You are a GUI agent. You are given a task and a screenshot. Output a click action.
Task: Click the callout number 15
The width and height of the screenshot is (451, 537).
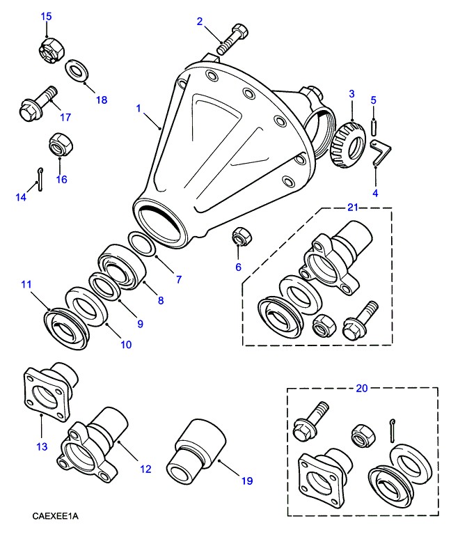tap(46, 15)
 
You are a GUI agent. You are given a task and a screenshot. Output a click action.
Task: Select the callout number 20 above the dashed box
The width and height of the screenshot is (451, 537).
tap(361, 388)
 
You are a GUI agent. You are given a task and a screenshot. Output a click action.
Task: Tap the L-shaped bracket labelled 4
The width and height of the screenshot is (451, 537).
tap(381, 151)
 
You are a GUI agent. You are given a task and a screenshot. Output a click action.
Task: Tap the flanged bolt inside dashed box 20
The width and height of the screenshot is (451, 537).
tap(308, 423)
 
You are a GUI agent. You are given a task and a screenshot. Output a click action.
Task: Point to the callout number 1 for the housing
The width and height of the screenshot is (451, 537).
tap(139, 109)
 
